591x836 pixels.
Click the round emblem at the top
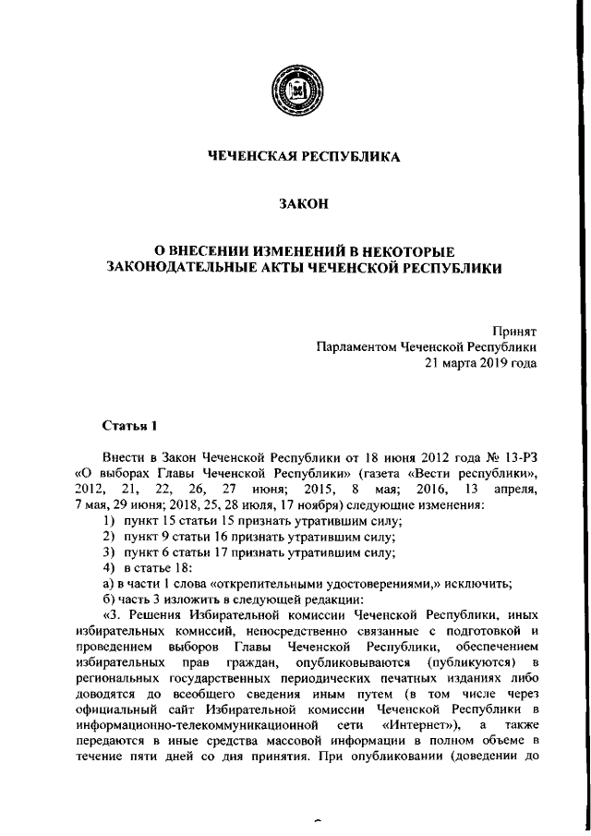pyautogui.click(x=295, y=96)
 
